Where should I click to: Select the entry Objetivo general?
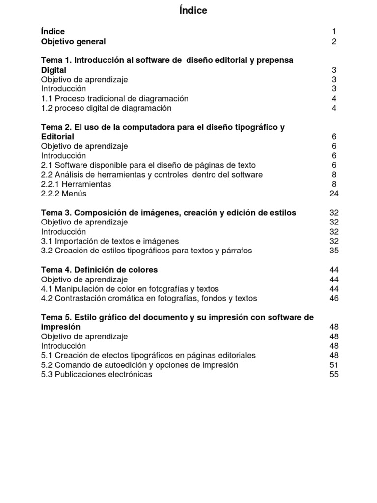pos(73,42)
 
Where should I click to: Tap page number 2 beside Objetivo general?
pos(334,42)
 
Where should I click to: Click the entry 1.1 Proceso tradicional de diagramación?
pos(114,99)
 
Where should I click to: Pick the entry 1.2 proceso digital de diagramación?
pos(106,108)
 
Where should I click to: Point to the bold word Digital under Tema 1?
pos(54,70)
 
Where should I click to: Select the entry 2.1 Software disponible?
pos(148,165)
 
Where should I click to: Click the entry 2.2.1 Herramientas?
pos(76,184)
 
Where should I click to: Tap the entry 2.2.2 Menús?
pos(64,194)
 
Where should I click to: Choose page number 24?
pos(334,194)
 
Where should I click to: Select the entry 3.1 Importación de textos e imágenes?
pos(110,241)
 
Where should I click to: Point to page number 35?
pos(334,251)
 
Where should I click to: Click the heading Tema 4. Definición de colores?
pos(99,270)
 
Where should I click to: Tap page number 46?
pos(334,298)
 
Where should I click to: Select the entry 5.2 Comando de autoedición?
pos(139,365)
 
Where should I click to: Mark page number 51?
pos(334,365)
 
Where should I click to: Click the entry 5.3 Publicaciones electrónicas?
pos(97,374)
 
